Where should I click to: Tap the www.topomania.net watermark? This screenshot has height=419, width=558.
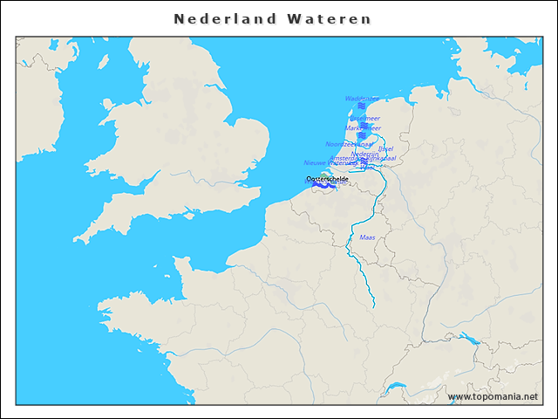pos(493,396)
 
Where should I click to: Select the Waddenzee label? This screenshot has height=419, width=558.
pos(362,99)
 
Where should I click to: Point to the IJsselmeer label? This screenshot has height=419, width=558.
pos(364,118)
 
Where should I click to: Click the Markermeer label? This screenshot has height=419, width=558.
pos(363,127)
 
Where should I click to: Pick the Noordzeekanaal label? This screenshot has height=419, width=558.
pos(349,144)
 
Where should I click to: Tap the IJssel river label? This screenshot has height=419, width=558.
pos(386,148)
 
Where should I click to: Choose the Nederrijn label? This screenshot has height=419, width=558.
pos(364,154)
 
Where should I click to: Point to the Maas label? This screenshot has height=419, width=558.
pos(367,237)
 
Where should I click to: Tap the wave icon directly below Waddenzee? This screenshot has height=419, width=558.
pos(362,106)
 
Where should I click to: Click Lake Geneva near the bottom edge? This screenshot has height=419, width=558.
pos(397,388)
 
